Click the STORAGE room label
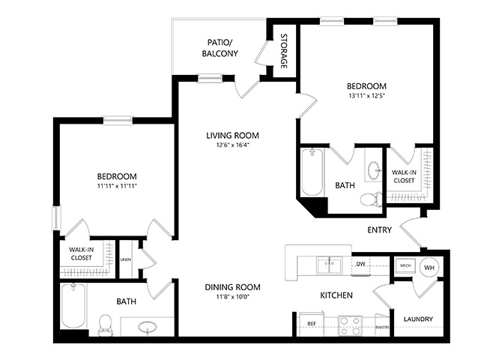(284, 51)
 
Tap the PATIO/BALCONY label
(220, 48)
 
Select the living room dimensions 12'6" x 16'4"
(233, 145)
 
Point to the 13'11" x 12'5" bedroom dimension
(366, 95)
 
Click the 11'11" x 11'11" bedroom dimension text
(117, 185)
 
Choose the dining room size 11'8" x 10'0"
(233, 296)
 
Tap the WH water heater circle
(429, 267)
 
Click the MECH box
(405, 265)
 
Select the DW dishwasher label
(361, 264)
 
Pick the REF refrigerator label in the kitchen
(312, 324)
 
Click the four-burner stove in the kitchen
(350, 325)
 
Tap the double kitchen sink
(330, 265)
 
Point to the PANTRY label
(383, 327)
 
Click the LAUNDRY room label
(418, 319)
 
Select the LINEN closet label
(126, 259)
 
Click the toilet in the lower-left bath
(105, 325)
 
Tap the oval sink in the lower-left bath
(148, 328)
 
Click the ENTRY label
(379, 229)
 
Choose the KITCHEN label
(336, 295)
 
